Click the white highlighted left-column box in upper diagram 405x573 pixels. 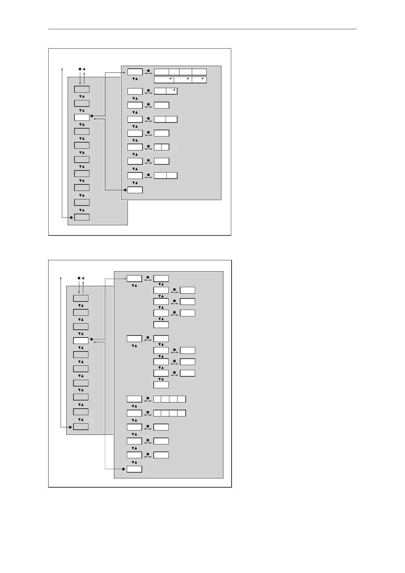[x=82, y=117]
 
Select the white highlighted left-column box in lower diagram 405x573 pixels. [x=81, y=340]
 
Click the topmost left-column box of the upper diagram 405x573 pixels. [x=82, y=89]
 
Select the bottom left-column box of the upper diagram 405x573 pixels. [x=82, y=217]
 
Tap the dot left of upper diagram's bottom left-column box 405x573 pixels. [x=71, y=217]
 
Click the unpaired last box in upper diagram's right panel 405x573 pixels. [x=135, y=190]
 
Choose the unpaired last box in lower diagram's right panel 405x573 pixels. [x=134, y=469]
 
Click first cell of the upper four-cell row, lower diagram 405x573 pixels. [x=157, y=399]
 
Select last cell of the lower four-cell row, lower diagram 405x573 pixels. [x=182, y=413]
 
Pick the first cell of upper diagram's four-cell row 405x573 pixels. [x=162, y=72]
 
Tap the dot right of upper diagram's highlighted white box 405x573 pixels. [x=92, y=116]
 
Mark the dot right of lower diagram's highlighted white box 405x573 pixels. [x=91, y=339]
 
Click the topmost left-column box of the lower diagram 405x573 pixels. [x=81, y=298]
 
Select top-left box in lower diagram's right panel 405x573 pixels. [x=134, y=279]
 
